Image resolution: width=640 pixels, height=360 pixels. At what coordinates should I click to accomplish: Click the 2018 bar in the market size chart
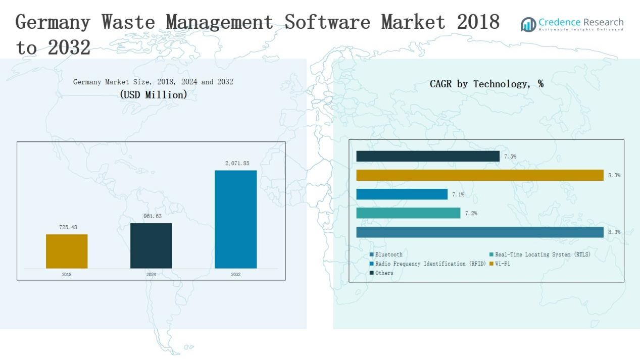67,251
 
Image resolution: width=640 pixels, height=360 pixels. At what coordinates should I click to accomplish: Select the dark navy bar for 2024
151,245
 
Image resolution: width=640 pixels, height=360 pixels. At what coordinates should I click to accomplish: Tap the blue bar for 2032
235,219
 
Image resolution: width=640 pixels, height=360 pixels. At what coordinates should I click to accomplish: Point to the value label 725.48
68,228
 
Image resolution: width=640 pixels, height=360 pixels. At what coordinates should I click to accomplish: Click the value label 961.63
153,216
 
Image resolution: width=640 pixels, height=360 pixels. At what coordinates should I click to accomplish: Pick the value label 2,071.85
237,164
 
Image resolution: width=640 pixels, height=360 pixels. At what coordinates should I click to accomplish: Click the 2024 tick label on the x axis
151,275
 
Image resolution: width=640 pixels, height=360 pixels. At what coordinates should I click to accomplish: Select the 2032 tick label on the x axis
235,275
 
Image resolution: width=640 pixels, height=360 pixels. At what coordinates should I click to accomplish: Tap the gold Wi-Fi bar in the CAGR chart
479,175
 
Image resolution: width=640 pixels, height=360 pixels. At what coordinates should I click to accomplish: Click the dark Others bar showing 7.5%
428,157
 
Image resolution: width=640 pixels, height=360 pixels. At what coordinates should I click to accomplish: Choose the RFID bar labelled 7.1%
402,194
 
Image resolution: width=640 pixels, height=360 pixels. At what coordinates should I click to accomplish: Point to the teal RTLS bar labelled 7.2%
408,213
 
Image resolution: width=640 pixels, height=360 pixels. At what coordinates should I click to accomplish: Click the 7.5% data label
510,157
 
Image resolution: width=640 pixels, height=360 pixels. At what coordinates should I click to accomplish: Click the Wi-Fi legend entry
502,264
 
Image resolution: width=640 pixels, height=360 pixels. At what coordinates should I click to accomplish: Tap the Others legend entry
384,273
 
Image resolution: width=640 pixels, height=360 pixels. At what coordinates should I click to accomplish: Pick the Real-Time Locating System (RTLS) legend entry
542,254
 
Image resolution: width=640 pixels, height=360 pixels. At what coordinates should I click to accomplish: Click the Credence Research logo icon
528,24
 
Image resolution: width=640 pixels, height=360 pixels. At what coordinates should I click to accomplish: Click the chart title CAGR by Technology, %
486,84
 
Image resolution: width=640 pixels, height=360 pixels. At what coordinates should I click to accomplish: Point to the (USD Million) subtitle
153,94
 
